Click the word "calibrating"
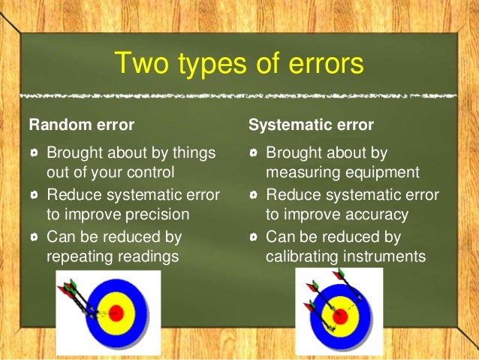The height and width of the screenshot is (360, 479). [303, 256]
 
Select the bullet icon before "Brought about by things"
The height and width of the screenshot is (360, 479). [34, 153]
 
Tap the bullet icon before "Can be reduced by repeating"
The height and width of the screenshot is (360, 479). [34, 237]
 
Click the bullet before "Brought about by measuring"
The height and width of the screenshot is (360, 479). [254, 153]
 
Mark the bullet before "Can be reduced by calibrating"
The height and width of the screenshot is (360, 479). [254, 237]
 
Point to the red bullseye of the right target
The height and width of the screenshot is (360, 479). [339, 315]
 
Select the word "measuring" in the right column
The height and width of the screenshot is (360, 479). [300, 172]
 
